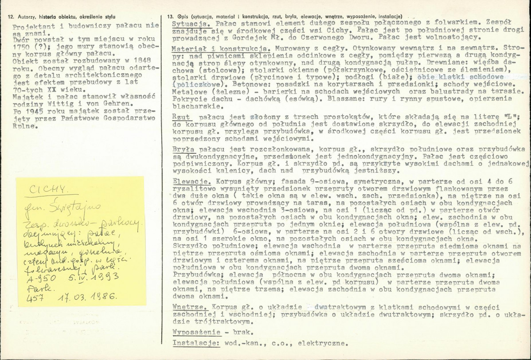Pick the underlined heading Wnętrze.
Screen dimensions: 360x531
(x=188, y=307)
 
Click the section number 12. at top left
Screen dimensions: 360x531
(x=11, y=16)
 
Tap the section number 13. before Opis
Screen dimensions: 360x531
(x=171, y=16)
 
